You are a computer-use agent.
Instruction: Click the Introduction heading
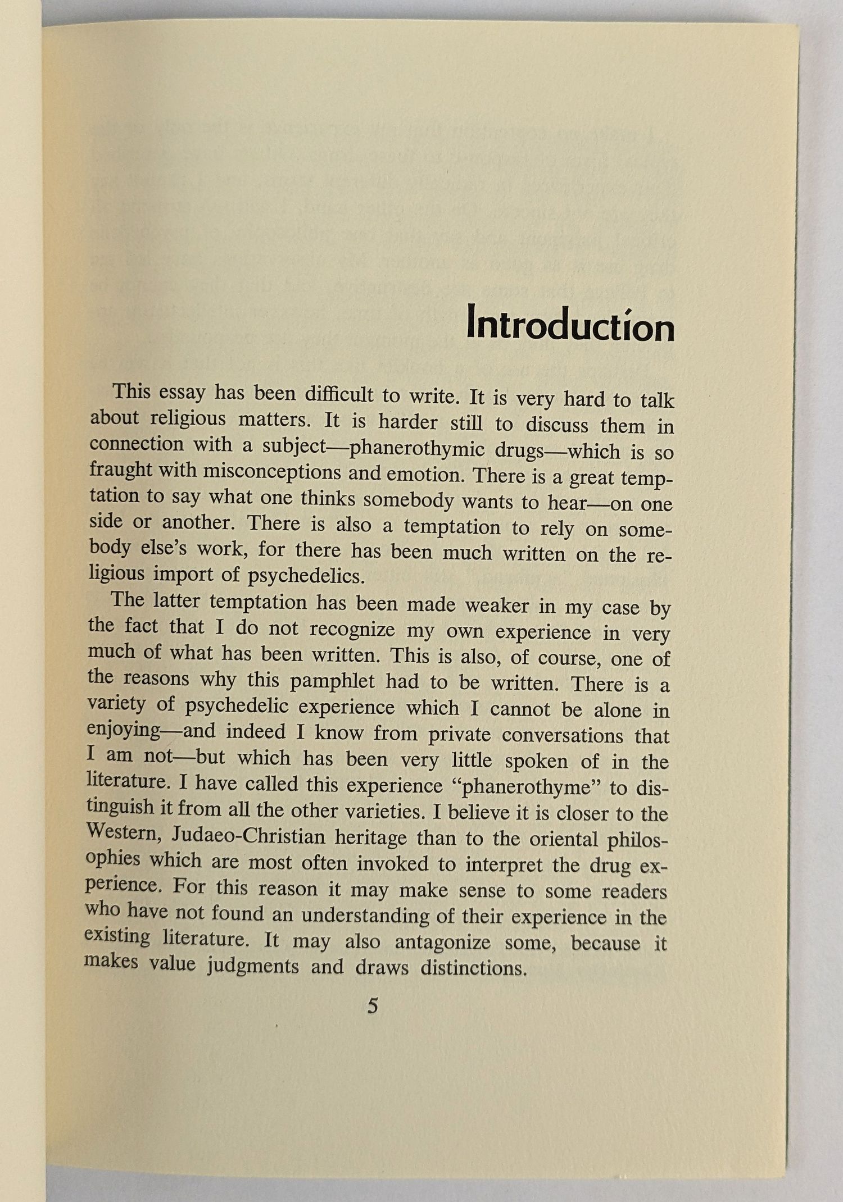coord(570,325)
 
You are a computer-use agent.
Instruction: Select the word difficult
coord(339,395)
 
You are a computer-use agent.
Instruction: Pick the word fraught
coord(120,470)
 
